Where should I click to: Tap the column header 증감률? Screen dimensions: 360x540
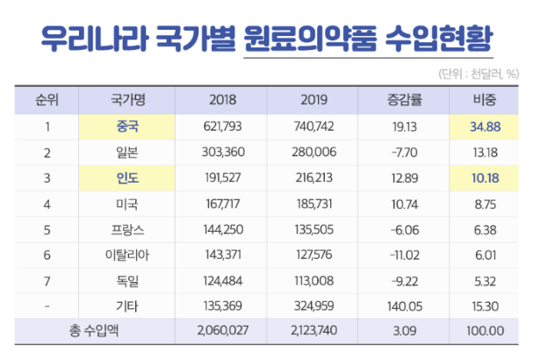404,99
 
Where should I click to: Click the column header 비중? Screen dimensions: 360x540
485,99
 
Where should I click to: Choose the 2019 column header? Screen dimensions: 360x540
313,99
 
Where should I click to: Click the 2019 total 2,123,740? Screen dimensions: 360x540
313,331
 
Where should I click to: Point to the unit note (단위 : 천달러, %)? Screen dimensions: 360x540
479,73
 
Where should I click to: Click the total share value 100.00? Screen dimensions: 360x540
485,331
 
